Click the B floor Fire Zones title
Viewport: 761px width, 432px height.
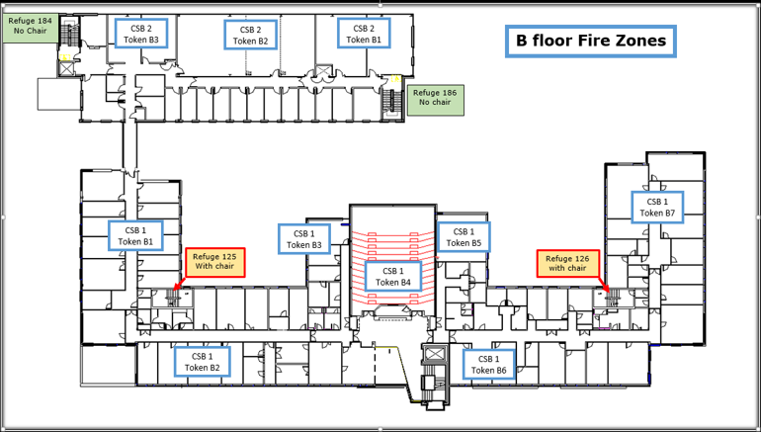(591, 41)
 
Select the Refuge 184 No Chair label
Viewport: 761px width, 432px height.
(29, 25)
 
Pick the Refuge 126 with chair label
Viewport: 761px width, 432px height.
(567, 263)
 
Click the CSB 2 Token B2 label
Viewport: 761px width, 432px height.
(250, 35)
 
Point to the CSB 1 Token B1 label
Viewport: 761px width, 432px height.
(135, 235)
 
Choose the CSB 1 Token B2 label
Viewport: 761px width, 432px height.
(203, 362)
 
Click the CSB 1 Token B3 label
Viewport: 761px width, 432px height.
(303, 238)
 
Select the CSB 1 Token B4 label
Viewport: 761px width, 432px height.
(393, 277)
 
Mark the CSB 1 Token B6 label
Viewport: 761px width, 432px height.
(488, 364)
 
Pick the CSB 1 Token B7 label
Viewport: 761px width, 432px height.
(656, 207)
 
